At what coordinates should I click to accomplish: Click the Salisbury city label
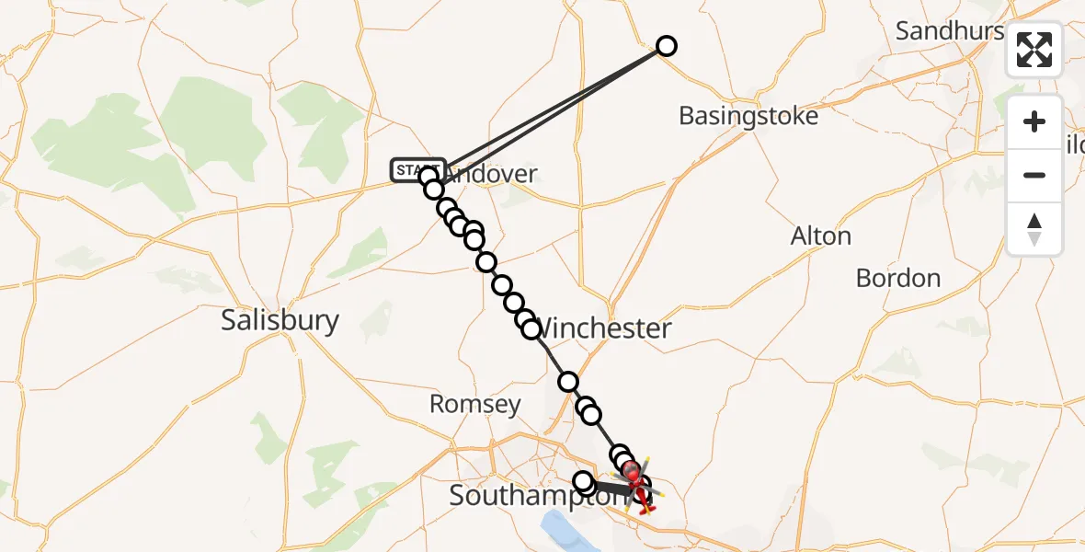(x=280, y=320)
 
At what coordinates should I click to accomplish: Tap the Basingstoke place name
(x=748, y=117)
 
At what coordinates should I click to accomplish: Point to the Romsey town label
(x=474, y=404)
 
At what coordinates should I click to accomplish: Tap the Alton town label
(x=820, y=236)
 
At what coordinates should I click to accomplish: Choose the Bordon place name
(x=897, y=278)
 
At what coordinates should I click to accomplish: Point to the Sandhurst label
(x=950, y=31)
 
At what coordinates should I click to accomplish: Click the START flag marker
(x=417, y=170)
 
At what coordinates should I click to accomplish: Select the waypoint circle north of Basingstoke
(x=667, y=46)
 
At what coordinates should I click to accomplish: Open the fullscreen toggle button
(x=1034, y=50)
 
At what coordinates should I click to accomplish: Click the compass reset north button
(x=1034, y=229)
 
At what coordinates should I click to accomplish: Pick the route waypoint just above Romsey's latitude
(x=568, y=382)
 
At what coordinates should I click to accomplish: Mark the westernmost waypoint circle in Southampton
(x=583, y=480)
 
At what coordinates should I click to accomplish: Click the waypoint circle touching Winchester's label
(x=531, y=329)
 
